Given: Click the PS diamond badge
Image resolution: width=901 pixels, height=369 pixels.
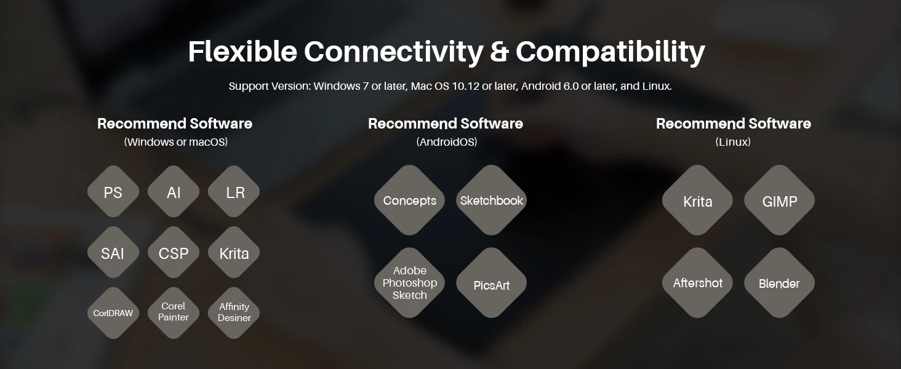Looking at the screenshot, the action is pyautogui.click(x=113, y=192).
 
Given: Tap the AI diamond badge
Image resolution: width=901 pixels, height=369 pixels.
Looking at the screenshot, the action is pyautogui.click(x=174, y=192).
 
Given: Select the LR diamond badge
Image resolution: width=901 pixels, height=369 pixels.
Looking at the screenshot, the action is pyautogui.click(x=234, y=192).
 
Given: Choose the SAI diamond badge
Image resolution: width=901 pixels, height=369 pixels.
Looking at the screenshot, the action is pyautogui.click(x=113, y=252).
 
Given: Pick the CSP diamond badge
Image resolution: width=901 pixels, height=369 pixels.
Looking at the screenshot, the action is pyautogui.click(x=174, y=252).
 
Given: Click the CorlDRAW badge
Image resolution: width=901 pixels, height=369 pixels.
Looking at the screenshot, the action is pyautogui.click(x=113, y=312).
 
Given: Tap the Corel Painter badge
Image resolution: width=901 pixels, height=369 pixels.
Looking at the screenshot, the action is pyautogui.click(x=174, y=312).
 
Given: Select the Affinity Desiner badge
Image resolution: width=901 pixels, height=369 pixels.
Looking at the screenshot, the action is pyautogui.click(x=234, y=312).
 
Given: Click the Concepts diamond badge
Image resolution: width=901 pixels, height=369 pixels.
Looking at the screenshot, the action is pyautogui.click(x=409, y=200).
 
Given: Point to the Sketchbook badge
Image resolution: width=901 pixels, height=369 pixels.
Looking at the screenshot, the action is pyautogui.click(x=492, y=200).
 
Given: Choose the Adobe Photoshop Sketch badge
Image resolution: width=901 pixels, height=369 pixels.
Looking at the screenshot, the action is pyautogui.click(x=409, y=282).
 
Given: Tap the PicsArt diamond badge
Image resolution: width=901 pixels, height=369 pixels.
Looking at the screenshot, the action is pyautogui.click(x=492, y=282).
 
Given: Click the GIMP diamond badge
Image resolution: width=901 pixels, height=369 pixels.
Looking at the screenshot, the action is pyautogui.click(x=780, y=200).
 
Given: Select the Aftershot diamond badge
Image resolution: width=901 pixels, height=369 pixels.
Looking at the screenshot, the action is pyautogui.click(x=697, y=282).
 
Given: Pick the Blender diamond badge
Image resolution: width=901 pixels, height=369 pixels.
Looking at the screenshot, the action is pyautogui.click(x=780, y=282).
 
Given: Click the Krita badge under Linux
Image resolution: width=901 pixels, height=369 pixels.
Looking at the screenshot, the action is pyautogui.click(x=697, y=200).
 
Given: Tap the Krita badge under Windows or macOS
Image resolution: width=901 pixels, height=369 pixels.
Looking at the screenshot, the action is pyautogui.click(x=234, y=252).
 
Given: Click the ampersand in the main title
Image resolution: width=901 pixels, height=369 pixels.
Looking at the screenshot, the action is pyautogui.click(x=499, y=52).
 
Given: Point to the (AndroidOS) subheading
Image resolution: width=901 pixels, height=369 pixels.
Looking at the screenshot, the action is pyautogui.click(x=446, y=142).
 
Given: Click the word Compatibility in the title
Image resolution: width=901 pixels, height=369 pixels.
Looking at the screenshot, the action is pyautogui.click(x=610, y=52).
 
